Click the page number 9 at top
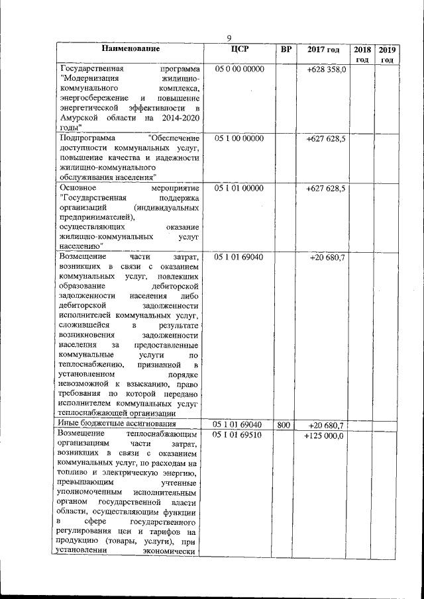229,38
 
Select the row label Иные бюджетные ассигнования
117,424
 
